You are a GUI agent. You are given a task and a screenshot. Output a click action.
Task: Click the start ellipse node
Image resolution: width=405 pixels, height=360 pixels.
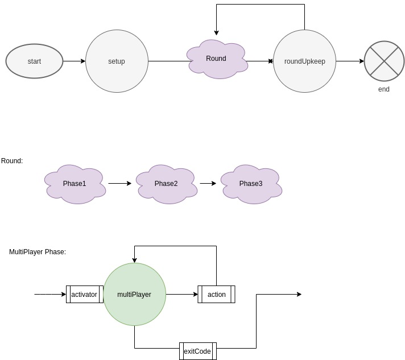(x=34, y=61)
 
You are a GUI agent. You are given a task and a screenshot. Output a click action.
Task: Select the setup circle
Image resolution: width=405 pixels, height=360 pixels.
(x=117, y=61)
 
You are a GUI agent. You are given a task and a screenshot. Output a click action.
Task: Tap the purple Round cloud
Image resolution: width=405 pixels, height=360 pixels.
(x=216, y=59)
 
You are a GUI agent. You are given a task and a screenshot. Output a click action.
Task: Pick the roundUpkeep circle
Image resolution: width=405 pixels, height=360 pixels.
(x=304, y=61)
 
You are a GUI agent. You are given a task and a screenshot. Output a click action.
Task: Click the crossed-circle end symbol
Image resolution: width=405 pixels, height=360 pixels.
(x=384, y=61)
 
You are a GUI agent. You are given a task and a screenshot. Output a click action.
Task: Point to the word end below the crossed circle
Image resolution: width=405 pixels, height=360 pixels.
(x=384, y=89)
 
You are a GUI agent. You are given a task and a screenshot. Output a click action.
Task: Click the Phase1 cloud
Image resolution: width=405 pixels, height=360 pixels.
(x=75, y=184)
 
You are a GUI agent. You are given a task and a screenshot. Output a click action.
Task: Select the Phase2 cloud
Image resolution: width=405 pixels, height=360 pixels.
(x=166, y=184)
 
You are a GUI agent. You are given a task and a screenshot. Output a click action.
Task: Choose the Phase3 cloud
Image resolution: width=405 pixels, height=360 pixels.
(x=251, y=184)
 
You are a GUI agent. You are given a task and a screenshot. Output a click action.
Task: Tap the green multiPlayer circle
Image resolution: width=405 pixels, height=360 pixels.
(x=134, y=295)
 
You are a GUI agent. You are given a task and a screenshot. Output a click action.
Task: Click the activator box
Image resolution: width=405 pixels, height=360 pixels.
(x=84, y=295)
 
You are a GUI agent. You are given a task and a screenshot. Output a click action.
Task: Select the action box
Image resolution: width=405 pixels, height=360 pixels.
(x=216, y=295)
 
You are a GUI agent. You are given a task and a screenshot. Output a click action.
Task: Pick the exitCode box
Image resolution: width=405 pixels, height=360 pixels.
(x=197, y=351)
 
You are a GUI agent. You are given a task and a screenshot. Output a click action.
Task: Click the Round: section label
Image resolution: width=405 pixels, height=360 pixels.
(x=12, y=161)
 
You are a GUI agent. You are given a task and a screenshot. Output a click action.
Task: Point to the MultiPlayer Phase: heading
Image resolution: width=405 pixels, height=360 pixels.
(x=38, y=252)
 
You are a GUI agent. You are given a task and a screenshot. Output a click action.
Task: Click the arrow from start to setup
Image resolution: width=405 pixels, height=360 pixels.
(x=74, y=61)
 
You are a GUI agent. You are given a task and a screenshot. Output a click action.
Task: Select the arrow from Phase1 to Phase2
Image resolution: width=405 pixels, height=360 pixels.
(x=119, y=184)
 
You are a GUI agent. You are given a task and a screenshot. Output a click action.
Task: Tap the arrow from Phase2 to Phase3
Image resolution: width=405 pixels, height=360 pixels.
(x=208, y=184)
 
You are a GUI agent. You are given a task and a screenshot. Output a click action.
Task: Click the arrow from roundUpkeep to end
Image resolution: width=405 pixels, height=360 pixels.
(x=350, y=61)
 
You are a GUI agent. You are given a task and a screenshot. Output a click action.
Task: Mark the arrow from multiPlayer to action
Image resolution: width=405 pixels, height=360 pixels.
(x=182, y=295)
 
